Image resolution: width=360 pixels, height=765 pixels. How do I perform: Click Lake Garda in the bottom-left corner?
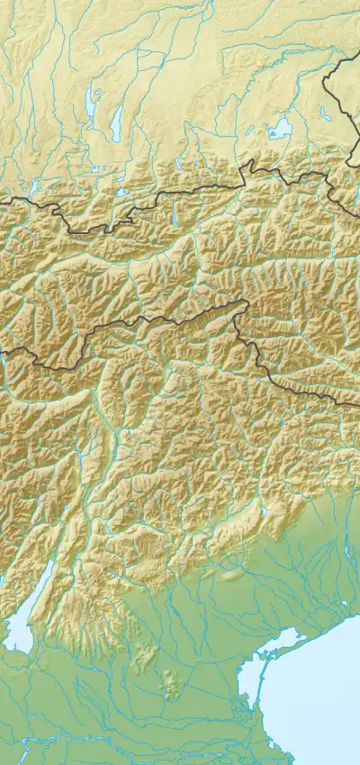(20, 625)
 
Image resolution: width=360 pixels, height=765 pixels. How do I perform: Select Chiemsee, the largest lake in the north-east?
(280, 128)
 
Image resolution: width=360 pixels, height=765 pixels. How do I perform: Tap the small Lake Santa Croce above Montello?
(265, 513)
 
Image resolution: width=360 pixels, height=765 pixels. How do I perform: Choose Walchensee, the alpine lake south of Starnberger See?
(121, 191)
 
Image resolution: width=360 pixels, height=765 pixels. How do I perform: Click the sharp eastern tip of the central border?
(245, 302)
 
